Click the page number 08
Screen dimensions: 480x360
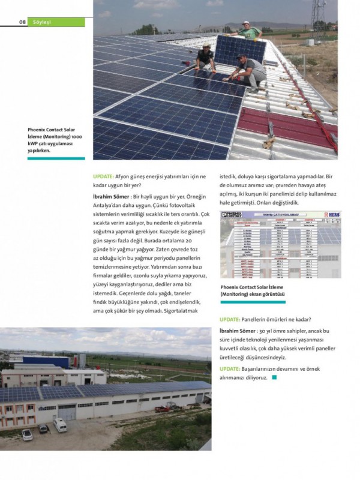[22, 22]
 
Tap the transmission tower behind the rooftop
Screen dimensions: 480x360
[317, 15]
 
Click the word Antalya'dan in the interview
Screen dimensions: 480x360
[110, 205]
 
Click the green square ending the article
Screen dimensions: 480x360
[274, 378]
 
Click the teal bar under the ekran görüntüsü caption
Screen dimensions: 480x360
[252, 302]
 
